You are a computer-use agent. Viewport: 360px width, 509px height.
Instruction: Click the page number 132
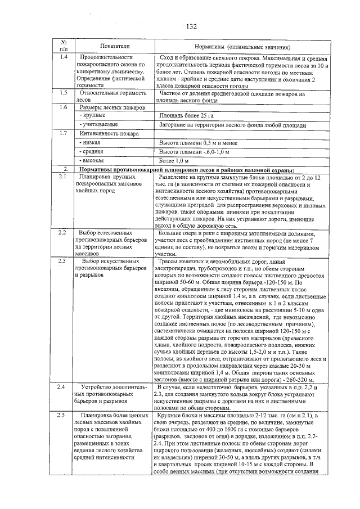(x=191, y=26)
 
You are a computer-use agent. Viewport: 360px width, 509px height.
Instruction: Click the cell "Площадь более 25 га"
(x=183, y=115)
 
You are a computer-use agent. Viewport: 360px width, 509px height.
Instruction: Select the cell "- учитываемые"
(x=99, y=124)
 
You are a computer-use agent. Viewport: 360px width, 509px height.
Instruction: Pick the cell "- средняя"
(x=92, y=152)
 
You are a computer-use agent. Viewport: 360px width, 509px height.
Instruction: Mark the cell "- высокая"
(x=92, y=161)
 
